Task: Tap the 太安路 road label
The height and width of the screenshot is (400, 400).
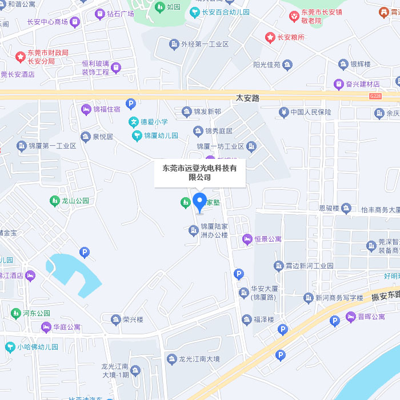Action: pyautogui.click(x=247, y=98)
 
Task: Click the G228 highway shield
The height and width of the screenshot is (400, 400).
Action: pyautogui.click(x=375, y=97)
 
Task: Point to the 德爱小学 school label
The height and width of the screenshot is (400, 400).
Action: pyautogui.click(x=154, y=122)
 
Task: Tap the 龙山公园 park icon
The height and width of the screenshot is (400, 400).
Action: pyautogui.click(x=54, y=201)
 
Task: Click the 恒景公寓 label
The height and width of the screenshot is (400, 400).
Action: pyautogui.click(x=268, y=238)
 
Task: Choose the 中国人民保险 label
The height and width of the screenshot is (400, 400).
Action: pyautogui.click(x=310, y=112)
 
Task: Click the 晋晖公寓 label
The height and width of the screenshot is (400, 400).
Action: pyautogui.click(x=371, y=317)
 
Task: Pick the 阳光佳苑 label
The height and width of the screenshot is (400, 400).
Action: pyautogui.click(x=266, y=65)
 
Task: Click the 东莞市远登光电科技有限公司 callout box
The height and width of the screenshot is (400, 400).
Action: pyautogui.click(x=199, y=173)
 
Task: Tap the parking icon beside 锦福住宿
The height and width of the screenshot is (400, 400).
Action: pyautogui.click(x=131, y=103)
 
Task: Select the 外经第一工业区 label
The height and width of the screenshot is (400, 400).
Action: pyautogui.click(x=205, y=44)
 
